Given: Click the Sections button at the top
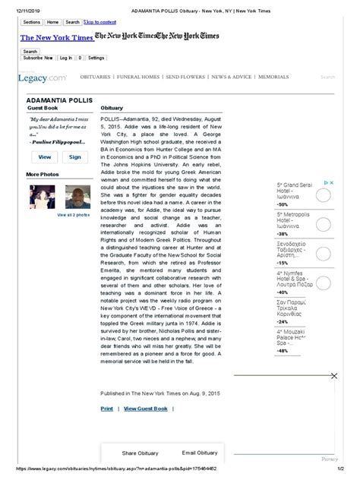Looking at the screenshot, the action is (x=33, y=22).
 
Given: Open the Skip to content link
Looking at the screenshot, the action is (x=101, y=22).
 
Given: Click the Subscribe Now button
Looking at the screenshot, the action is (x=37, y=58).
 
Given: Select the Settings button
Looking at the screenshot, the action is (x=96, y=58).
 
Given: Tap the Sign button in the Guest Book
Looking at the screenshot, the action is (x=74, y=156).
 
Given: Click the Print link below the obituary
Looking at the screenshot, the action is (x=106, y=409).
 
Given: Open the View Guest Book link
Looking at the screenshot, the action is (x=146, y=409).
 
